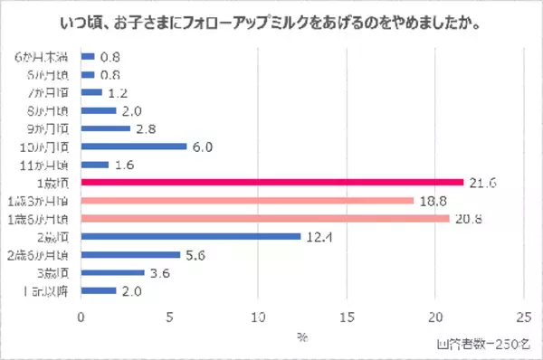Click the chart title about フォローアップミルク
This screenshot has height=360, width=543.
coord(271,19)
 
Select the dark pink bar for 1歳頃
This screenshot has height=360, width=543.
coord(272,183)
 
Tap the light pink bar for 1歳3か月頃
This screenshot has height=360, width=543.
coord(248,201)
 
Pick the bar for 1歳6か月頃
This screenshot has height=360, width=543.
coord(265,219)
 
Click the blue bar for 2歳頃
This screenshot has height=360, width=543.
coord(191,237)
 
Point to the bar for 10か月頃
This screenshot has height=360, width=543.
coord(135,147)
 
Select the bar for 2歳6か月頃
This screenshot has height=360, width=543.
coord(131,254)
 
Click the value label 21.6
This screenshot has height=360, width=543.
coord(483,183)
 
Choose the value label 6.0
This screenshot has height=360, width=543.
coord(205,147)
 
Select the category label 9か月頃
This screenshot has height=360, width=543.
coord(50,128)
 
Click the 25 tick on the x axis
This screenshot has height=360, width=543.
coord(522,317)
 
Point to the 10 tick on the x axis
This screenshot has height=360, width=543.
coord(258,317)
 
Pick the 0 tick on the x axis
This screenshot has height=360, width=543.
coord(82,317)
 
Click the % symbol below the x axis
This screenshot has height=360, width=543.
coord(302,336)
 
